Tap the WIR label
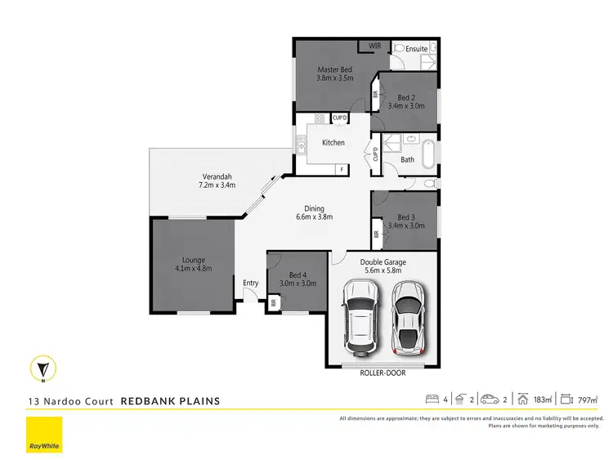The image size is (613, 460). (x=376, y=46)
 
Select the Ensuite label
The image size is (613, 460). (x=417, y=49)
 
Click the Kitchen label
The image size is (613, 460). (x=333, y=143)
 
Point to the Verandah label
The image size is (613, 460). (x=217, y=176)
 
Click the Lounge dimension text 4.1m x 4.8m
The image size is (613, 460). (x=193, y=268)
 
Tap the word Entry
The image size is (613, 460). (x=250, y=284)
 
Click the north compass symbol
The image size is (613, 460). (x=43, y=369)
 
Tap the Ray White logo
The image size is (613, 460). (x=43, y=435)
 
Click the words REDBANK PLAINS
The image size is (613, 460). (x=170, y=401)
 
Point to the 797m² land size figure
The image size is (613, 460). (x=587, y=400)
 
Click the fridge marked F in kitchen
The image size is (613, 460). (x=342, y=169)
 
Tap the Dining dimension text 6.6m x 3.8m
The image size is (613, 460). (x=315, y=217)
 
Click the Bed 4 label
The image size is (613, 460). (x=298, y=275)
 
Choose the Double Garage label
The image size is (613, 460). (x=384, y=262)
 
